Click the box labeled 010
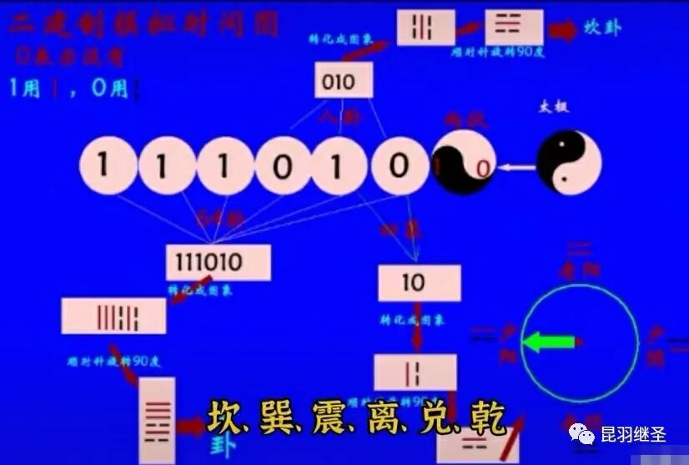(x=343, y=81)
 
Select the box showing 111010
(x=218, y=262)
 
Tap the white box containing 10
(x=419, y=283)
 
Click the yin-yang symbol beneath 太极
(x=568, y=162)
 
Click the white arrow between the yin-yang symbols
(x=517, y=168)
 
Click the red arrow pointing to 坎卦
(x=564, y=30)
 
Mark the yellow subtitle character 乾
(x=485, y=417)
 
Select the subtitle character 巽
(x=279, y=417)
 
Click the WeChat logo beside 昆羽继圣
(x=581, y=434)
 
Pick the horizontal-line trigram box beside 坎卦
(x=513, y=27)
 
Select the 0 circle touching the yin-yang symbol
(x=399, y=164)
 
